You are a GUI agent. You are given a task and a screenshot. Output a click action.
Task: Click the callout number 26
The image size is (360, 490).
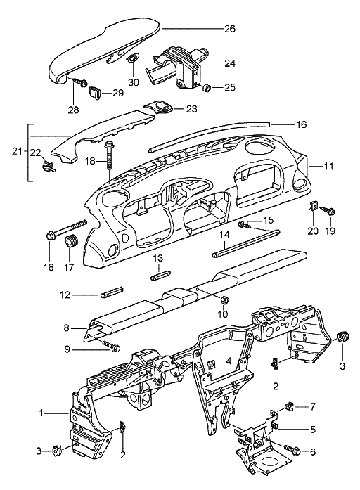[x=230, y=29]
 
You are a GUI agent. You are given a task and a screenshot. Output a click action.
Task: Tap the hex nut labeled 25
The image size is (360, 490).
[x=207, y=88]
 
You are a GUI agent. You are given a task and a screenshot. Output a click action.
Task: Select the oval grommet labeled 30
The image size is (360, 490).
[x=133, y=59]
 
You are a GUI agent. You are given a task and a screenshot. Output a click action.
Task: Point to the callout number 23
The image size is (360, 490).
[x=191, y=109]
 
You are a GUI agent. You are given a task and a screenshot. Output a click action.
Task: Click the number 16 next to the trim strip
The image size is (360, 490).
[x=301, y=124]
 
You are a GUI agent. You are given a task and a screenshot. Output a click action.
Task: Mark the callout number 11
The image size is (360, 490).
[x=328, y=166]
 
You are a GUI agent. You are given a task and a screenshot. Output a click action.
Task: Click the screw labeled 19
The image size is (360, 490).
[x=327, y=211]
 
